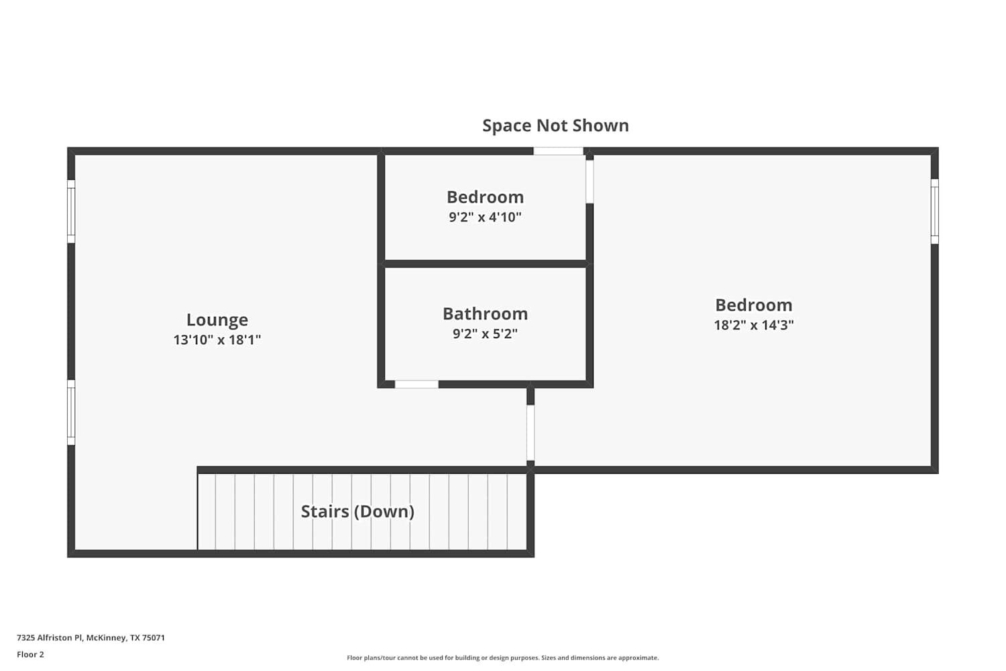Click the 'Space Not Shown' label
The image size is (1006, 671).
[x=555, y=125]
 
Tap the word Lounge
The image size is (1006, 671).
[x=217, y=320]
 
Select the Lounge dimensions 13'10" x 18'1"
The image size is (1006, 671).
[x=217, y=340]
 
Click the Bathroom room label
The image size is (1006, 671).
[x=486, y=314]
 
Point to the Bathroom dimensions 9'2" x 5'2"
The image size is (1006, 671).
[x=486, y=334]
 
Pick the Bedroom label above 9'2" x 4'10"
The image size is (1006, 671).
[x=486, y=197]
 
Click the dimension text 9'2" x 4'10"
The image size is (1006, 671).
[x=486, y=217]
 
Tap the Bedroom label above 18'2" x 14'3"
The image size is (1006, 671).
[x=754, y=305]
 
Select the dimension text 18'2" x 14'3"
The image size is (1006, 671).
[x=754, y=325]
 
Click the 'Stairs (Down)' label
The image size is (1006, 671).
[x=357, y=511]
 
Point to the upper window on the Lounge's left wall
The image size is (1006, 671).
[x=71, y=211]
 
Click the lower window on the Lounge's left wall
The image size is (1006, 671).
[x=71, y=413]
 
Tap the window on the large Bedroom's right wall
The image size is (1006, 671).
[x=935, y=211]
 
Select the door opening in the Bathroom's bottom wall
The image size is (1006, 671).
[x=416, y=384]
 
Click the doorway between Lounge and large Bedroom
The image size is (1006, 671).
[x=530, y=433]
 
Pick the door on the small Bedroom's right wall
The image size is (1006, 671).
[x=590, y=182]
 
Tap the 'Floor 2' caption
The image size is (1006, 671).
[x=31, y=654]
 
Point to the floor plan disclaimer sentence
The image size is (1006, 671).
[x=502, y=658]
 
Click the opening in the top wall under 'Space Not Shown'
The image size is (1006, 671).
[x=558, y=151]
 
